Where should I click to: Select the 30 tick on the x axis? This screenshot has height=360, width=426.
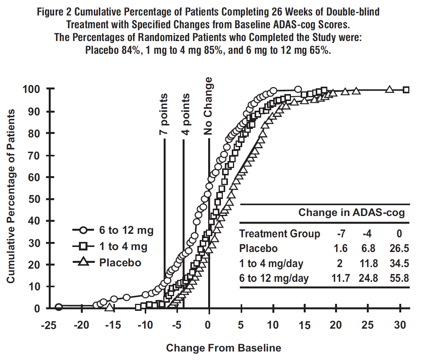400,325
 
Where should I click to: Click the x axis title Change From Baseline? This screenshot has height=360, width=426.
224,348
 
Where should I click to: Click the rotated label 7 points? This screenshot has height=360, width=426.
164,114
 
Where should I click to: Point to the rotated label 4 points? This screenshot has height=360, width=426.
186,114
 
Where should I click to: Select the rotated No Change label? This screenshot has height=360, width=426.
209,106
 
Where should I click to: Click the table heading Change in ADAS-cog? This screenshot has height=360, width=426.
351,212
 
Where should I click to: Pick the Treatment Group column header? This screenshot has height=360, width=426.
279,234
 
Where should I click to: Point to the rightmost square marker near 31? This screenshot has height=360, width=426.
406,90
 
